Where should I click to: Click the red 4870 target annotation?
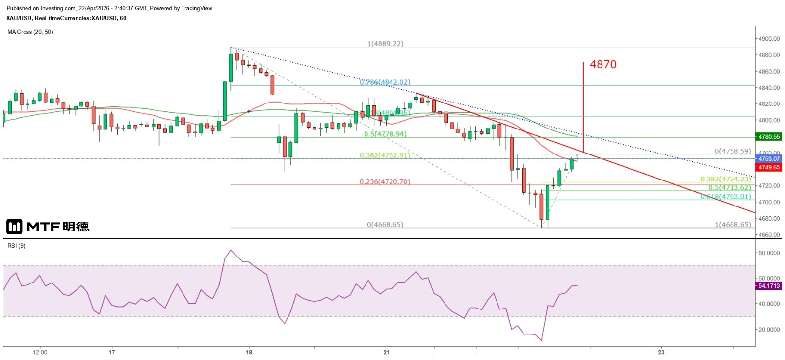603,64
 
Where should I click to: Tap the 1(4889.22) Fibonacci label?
385,44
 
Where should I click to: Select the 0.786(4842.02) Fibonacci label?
385,82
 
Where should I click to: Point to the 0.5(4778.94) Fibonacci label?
385,134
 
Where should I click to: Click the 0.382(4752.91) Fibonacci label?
385,155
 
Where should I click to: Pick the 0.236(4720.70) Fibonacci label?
385,181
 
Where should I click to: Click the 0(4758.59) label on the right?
733,151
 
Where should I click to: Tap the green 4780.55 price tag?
769,137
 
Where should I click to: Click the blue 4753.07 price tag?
769,159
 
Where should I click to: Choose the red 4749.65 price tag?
769,167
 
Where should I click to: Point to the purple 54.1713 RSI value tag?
769,286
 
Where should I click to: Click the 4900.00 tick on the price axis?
769,39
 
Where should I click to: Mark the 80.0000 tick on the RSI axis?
769,253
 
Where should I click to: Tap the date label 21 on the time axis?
387,352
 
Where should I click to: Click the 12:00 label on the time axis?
40,352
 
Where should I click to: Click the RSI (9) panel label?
16,246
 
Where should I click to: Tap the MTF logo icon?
14,227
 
